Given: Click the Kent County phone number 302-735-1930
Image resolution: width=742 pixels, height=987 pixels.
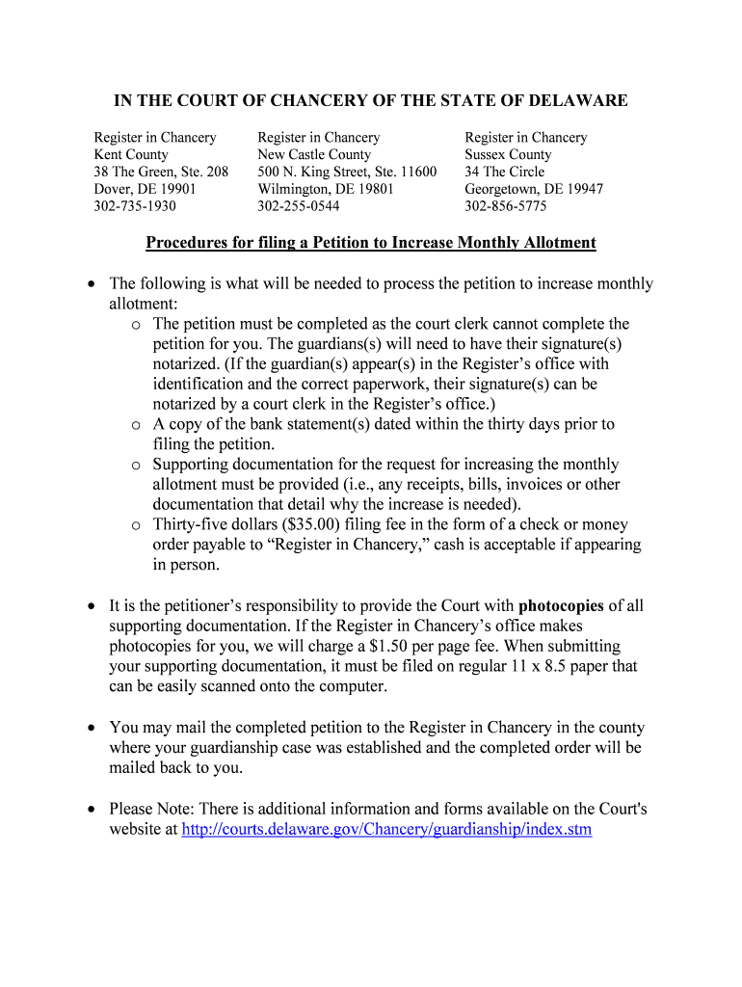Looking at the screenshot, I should (x=135, y=206).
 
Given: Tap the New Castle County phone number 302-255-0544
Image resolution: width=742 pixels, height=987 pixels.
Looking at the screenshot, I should (x=299, y=206).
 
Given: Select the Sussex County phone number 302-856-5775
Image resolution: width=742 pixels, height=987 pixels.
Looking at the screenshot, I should (x=506, y=206).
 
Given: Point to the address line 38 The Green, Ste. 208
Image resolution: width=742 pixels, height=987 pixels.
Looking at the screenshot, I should (x=161, y=172).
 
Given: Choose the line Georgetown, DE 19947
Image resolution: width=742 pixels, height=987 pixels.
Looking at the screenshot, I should (x=534, y=189).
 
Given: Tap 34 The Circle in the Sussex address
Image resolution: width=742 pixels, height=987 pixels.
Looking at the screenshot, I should (x=504, y=172).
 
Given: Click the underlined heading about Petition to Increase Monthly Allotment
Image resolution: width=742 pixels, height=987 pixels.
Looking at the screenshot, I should (x=371, y=243).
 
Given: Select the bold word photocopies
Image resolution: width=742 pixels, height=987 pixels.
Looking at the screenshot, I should (x=561, y=606).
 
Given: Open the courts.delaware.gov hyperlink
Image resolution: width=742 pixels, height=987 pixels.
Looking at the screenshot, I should (x=386, y=829).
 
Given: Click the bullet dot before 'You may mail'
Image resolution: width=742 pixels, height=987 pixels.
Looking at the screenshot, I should (x=91, y=728).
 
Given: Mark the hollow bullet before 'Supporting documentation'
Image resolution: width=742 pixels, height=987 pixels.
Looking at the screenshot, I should (x=136, y=465).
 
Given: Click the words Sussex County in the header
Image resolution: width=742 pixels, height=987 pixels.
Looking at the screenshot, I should (x=508, y=154).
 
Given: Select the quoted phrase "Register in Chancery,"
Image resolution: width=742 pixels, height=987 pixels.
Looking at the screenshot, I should (x=349, y=545).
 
